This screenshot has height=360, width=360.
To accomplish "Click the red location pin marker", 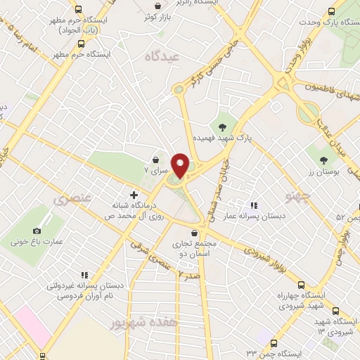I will (x=180, y=165).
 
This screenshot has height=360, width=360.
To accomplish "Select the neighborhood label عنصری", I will (x=72, y=200).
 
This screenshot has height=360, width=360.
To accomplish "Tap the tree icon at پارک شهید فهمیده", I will (x=223, y=127).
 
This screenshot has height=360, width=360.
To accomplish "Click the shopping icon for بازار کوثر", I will (x=155, y=14).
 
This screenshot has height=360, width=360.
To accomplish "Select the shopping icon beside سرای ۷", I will (x=155, y=161).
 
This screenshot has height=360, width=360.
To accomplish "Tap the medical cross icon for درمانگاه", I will (x=134, y=194).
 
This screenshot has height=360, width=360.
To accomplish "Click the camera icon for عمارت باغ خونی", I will (x=37, y=230).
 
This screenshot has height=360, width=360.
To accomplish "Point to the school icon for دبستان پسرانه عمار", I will (x=252, y=205).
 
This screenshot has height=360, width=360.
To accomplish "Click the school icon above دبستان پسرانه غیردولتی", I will (x=84, y=276).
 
